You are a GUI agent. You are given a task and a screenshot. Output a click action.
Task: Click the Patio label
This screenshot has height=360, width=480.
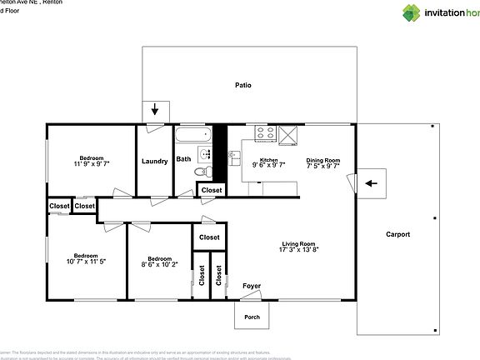coord(242,85)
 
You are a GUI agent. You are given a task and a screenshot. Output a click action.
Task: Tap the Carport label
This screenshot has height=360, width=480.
coord(397,234)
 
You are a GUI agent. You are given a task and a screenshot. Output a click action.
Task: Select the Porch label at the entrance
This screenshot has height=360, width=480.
coord(251,317)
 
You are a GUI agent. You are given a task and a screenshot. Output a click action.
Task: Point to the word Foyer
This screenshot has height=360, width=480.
coord(251,287)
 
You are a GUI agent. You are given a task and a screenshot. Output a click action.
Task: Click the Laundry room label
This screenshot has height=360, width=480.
coord(155,162)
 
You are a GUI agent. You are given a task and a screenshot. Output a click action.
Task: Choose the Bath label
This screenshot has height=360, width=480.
coord(183,158)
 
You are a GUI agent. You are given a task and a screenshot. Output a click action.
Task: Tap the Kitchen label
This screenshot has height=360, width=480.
coord(268,160)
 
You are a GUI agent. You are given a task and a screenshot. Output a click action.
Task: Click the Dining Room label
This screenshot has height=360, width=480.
coord(323,160)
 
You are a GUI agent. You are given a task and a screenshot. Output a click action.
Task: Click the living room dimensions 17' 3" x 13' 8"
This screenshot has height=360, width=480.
coord(299,249)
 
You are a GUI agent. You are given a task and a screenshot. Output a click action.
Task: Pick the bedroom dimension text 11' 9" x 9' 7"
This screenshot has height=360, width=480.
coord(92,164)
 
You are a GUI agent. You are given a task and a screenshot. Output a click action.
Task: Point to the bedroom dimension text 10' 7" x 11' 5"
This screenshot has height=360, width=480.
coord(87,262)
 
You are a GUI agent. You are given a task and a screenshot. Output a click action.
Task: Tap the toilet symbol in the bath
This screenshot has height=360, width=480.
coord(202,172)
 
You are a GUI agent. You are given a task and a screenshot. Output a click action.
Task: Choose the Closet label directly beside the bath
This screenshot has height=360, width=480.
coord(212,191)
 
